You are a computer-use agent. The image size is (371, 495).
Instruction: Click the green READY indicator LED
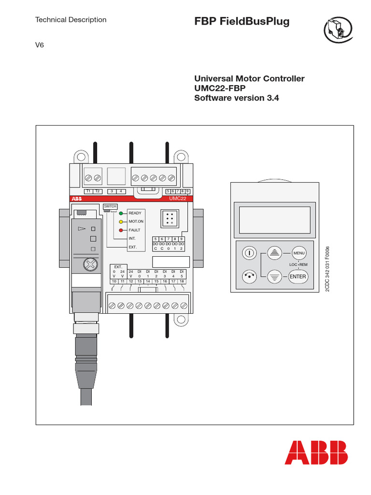tap(122, 213)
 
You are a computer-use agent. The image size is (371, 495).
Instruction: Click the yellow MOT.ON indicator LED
tap(122, 221)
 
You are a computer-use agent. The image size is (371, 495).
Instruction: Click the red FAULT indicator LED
tap(122, 230)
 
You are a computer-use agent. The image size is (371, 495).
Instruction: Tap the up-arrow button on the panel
tap(274, 253)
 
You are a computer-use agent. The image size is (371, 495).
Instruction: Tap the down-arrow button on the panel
tap(274, 277)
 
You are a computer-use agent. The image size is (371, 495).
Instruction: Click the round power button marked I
tap(249, 253)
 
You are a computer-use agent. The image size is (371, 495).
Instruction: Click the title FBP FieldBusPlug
tap(242, 22)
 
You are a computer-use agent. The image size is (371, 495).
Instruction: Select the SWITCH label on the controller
tap(110, 206)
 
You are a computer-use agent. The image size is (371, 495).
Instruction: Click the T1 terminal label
tap(88, 191)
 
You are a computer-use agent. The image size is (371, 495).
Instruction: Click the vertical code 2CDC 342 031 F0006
tap(327, 268)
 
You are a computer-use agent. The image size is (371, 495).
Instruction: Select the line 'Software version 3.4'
tap(237, 98)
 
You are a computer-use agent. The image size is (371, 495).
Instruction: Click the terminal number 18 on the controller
tap(182, 281)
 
